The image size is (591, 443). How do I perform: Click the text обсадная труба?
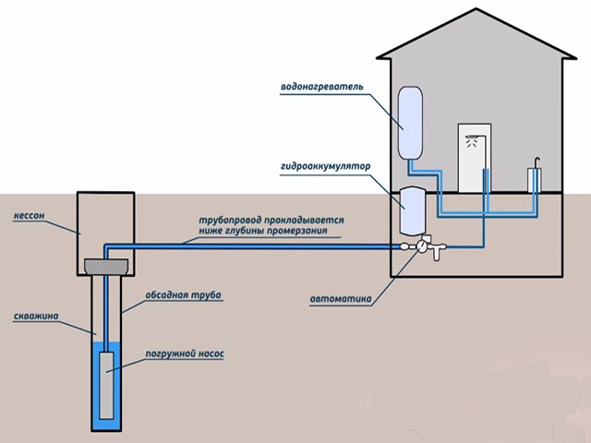pos(184,295)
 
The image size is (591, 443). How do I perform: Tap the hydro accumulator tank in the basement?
pos(410,212)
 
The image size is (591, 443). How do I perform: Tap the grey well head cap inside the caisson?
pos(105,266)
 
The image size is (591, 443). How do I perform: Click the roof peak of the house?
pos(476,11)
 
